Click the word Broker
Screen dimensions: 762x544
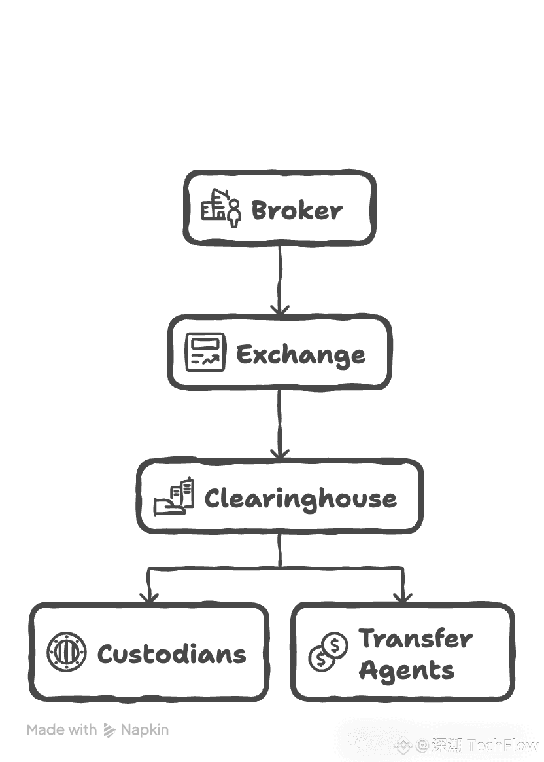tap(296, 211)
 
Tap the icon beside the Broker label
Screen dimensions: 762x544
tap(220, 208)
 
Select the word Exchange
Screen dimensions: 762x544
tap(301, 354)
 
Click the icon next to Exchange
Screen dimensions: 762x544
tap(205, 352)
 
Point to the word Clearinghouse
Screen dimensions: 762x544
tap(300, 499)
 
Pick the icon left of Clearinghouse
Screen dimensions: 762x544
tap(174, 496)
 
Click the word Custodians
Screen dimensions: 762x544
tap(172, 654)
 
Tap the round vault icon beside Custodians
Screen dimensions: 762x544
tap(67, 653)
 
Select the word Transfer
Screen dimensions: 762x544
tap(415, 638)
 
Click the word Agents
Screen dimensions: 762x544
tap(407, 670)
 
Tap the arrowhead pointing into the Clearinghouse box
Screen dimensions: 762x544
tap(280, 452)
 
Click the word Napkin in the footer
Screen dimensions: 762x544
tap(144, 729)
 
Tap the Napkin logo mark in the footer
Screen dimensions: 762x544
tap(109, 730)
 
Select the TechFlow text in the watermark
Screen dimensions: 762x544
tap(503, 745)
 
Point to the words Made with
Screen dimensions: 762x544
tap(62, 729)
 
